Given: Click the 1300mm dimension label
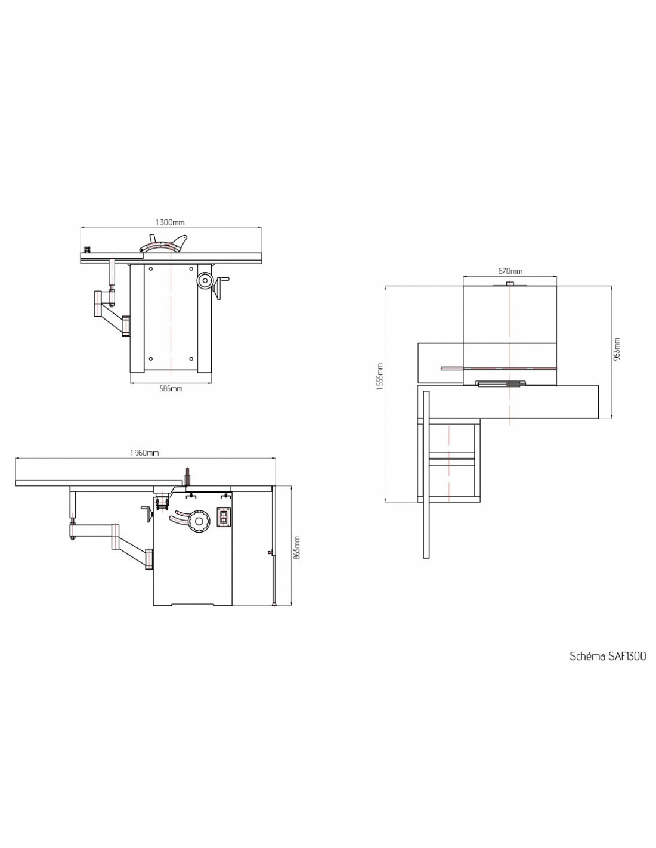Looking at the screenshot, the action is [170, 222].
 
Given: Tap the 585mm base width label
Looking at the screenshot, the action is [171, 388].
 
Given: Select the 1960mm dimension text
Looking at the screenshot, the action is [144, 453].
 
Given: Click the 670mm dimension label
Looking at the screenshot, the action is [510, 271].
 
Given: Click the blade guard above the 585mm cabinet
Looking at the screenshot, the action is [164, 244].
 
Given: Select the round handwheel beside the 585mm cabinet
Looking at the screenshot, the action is [204, 280].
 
